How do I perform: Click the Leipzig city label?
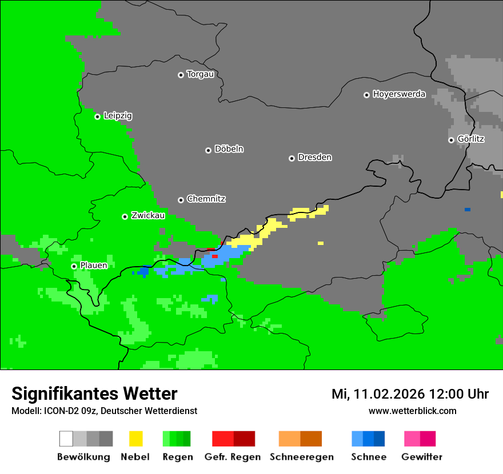click(118, 116)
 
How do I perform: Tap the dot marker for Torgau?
click(181, 75)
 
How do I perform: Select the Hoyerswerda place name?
click(399, 94)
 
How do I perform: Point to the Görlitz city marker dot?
click(451, 140)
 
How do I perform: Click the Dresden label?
click(314, 158)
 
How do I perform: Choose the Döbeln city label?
click(229, 149)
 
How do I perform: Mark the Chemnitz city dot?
click(181, 200)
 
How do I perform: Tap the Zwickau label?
click(148, 215)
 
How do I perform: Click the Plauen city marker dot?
click(74, 266)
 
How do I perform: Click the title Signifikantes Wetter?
click(94, 394)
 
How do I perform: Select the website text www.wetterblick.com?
click(412, 411)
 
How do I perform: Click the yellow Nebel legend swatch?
click(135, 439)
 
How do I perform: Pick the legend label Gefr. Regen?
click(232, 457)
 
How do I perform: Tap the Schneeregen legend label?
click(301, 457)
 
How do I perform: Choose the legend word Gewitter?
click(421, 457)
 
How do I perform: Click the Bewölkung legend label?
click(83, 457)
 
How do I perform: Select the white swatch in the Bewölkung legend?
click(66, 439)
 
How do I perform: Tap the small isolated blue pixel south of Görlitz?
click(468, 210)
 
